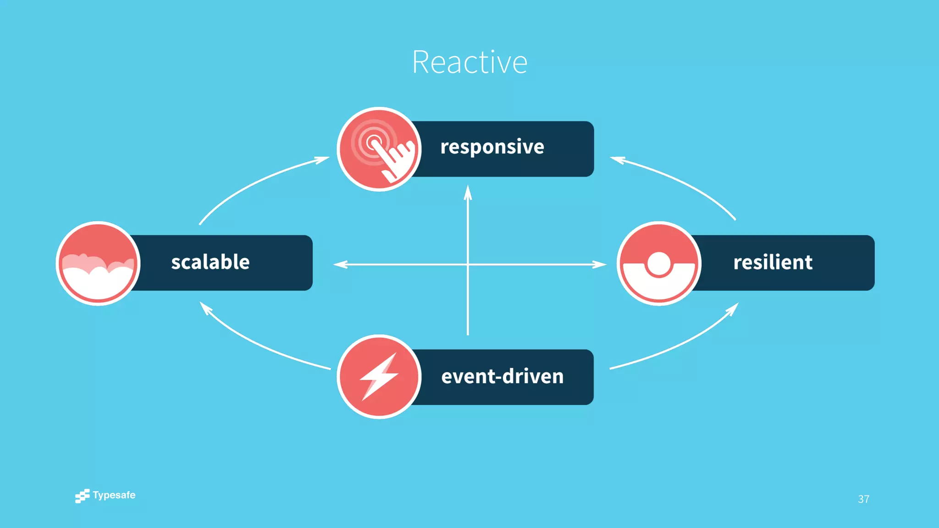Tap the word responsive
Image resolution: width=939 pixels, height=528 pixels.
(x=492, y=147)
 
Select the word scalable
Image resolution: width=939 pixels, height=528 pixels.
(x=210, y=262)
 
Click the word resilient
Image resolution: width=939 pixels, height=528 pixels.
(x=773, y=262)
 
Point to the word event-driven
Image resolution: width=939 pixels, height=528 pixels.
(x=502, y=376)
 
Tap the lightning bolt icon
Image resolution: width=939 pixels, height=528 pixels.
(x=379, y=377)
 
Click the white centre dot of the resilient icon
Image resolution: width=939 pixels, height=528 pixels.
(x=659, y=264)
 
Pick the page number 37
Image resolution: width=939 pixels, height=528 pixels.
(x=863, y=499)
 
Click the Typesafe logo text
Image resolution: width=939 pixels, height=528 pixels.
(x=114, y=495)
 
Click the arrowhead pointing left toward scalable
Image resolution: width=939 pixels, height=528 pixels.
(x=340, y=264)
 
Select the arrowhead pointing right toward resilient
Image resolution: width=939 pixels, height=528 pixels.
(x=599, y=264)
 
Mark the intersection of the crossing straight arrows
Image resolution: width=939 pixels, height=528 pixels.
(x=468, y=264)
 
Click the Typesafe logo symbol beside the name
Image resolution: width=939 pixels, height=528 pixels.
(x=83, y=496)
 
